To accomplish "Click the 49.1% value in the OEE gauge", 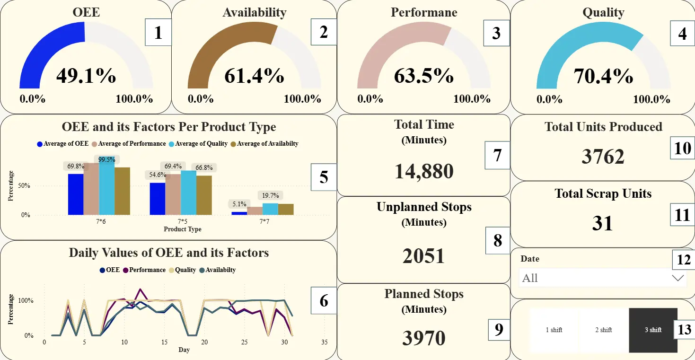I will point(86,76).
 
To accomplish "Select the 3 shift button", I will point(653,330).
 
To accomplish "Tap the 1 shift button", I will point(554,330).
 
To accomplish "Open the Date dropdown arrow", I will point(678,278).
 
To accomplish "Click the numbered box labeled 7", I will point(497,155).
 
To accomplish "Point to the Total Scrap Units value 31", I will point(602,223).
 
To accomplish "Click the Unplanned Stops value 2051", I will point(423,256).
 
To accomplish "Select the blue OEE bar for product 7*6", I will point(76,194).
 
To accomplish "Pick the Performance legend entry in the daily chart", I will point(144,270).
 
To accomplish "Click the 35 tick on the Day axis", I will point(324,342).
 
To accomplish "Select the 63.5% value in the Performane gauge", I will point(423,76).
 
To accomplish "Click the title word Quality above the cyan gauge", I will point(603,12).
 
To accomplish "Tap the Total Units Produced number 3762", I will point(603,157).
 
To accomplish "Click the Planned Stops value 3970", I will point(423,338).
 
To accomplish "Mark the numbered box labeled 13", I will point(684,329).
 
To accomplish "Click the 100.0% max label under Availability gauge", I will point(302,99).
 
